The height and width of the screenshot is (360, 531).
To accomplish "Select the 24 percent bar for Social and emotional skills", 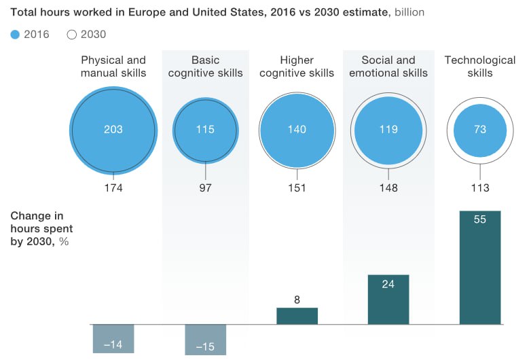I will click(x=388, y=300).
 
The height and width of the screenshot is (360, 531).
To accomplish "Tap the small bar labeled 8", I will click(x=297, y=316).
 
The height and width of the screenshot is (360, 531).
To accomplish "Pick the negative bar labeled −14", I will click(x=113, y=339).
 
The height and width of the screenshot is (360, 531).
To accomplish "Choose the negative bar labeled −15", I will click(x=205, y=340).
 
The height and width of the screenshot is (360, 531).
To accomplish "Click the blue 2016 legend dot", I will click(x=16, y=35).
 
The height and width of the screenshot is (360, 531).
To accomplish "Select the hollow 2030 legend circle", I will click(x=73, y=35).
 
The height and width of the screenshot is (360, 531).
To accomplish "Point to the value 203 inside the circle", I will click(x=113, y=129).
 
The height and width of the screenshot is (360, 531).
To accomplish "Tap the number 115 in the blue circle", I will click(x=205, y=129).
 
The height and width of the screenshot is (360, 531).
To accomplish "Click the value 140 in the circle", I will click(x=297, y=129).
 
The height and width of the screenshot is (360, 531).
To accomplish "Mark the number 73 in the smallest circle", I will click(x=480, y=129).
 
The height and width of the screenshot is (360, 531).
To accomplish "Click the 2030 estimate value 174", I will click(x=113, y=188).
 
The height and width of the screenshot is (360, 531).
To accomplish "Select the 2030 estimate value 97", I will click(x=205, y=188).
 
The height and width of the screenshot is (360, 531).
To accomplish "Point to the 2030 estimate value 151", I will click(x=297, y=188).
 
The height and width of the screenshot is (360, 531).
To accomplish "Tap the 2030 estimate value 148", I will click(x=388, y=188).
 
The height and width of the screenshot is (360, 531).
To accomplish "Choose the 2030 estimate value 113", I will click(x=480, y=188).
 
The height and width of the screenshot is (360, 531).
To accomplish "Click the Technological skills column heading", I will click(x=480, y=67).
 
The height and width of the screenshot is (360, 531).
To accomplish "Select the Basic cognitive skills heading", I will click(x=205, y=67).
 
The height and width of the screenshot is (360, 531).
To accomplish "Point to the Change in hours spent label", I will click(x=41, y=229).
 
